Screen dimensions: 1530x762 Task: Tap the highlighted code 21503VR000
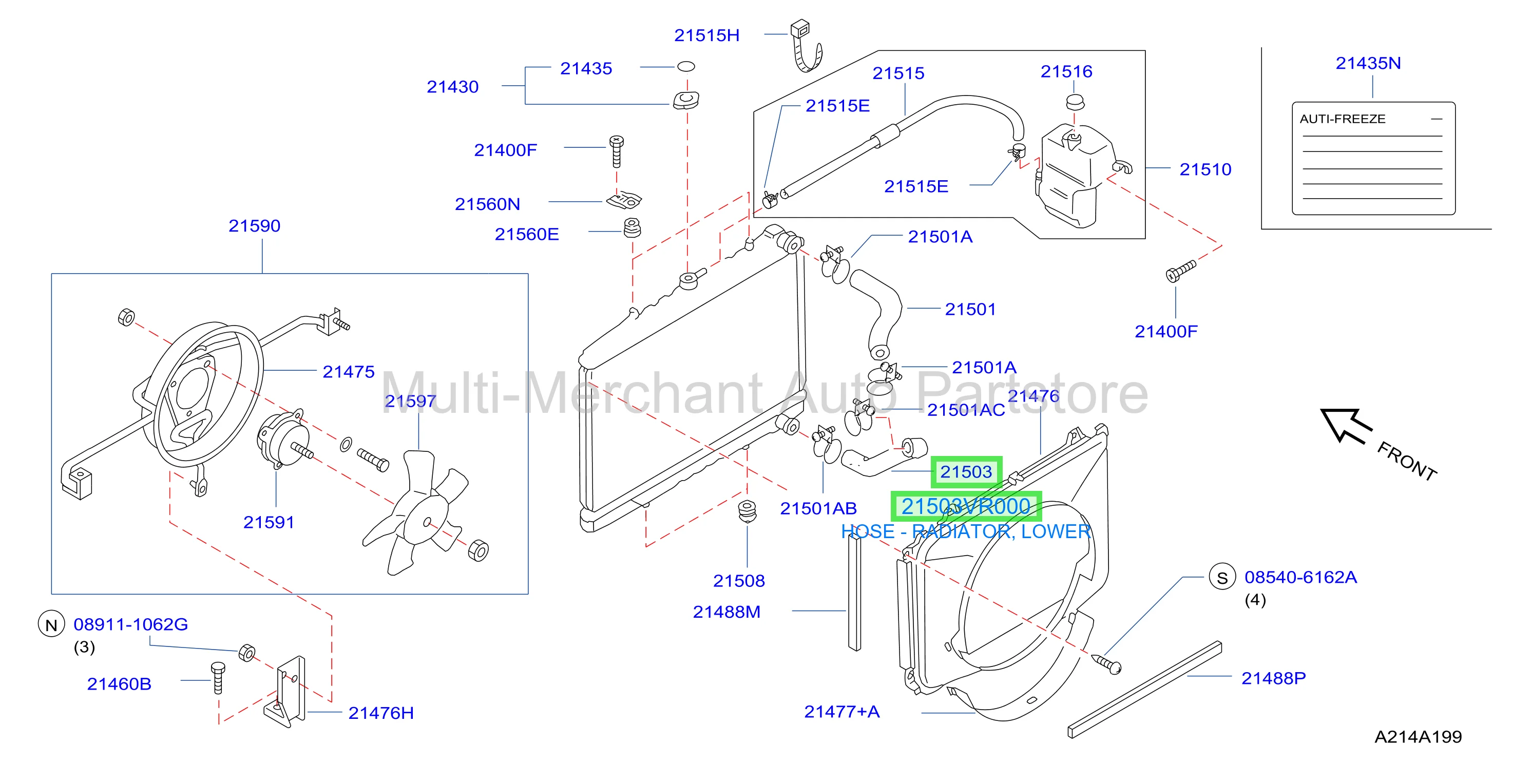click(966, 507)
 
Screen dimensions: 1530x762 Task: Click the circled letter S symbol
click(1222, 577)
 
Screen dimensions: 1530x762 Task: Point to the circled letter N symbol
click(51, 625)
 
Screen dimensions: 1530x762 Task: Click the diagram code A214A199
click(1419, 737)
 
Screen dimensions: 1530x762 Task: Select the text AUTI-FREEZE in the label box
click(1342, 119)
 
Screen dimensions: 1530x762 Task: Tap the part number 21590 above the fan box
click(254, 226)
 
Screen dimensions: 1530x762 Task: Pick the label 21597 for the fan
click(410, 402)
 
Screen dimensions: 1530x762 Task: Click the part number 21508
click(739, 581)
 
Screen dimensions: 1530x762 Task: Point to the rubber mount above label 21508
click(747, 511)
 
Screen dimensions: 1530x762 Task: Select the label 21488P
click(1273, 678)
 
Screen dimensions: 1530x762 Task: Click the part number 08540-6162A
click(1300, 577)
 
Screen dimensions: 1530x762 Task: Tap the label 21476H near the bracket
click(381, 713)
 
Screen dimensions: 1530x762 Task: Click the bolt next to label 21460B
click(218, 678)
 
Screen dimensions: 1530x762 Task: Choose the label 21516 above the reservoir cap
click(1066, 72)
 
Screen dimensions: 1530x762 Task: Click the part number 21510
click(1205, 170)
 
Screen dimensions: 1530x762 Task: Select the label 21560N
click(487, 204)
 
